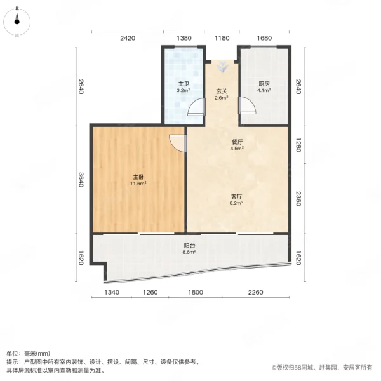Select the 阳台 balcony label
(189, 245)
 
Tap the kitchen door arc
(245, 105)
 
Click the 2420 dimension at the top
(128, 38)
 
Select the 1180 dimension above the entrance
(222, 38)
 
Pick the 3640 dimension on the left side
(81, 180)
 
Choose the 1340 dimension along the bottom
(112, 292)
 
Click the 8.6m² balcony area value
(189, 252)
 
